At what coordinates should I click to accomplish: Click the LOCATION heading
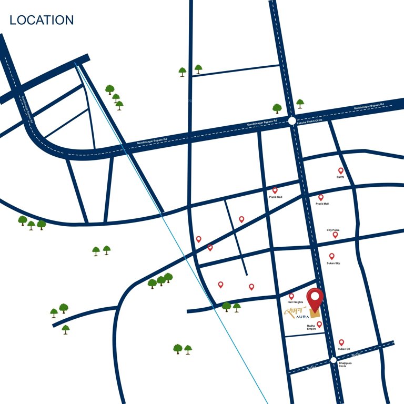tap(42, 21)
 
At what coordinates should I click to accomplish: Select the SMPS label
tap(340, 177)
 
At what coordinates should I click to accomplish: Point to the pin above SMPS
tap(340, 170)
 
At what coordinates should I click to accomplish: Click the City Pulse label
tap(332, 230)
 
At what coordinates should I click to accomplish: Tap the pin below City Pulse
tap(335, 235)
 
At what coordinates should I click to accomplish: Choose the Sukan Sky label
tap(333, 263)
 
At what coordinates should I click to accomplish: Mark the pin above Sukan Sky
tap(331, 256)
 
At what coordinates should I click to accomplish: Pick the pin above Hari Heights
tap(291, 296)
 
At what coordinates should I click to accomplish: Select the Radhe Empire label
tap(311, 328)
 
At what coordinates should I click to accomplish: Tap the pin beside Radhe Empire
tap(319, 325)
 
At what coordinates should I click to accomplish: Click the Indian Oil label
tap(345, 349)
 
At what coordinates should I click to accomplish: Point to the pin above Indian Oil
tap(341, 342)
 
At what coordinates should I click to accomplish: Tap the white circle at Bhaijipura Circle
tap(333, 360)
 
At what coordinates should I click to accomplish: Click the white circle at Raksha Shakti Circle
tap(292, 121)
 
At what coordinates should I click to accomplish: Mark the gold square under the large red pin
tap(315, 314)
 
